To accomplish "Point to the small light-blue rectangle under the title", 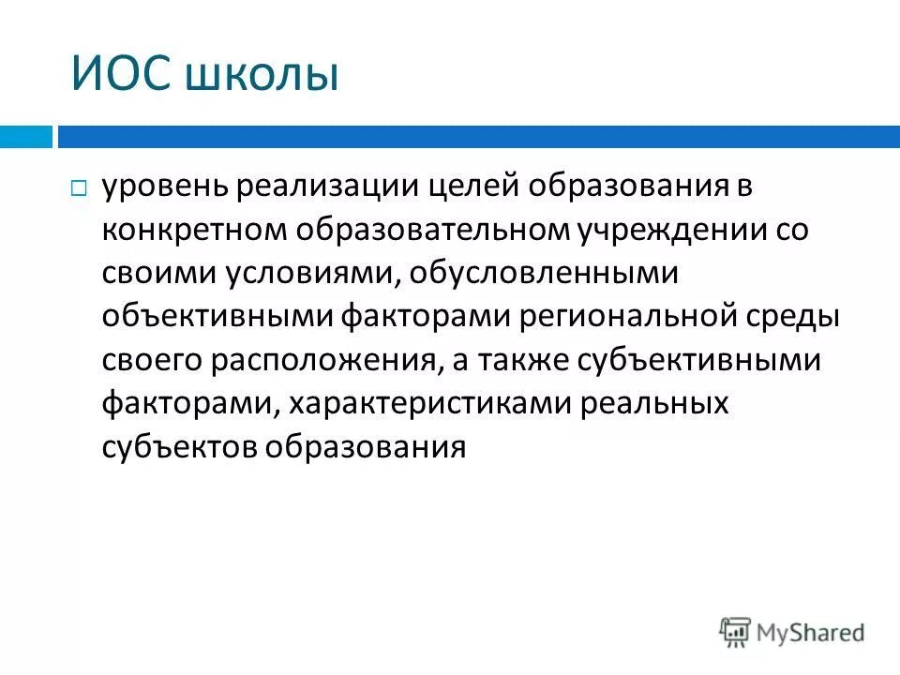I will pos(25,137).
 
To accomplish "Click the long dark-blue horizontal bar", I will pos(478,137).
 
